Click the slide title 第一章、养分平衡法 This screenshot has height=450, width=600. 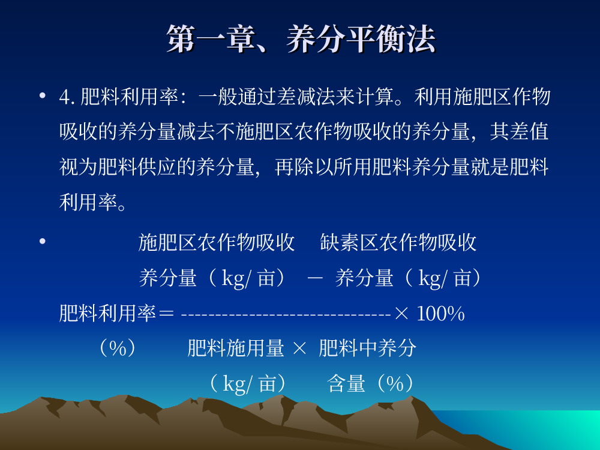(301, 38)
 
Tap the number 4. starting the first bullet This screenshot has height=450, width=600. (67, 97)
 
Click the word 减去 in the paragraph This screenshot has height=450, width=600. (196, 132)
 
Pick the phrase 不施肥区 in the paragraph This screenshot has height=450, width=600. (255, 132)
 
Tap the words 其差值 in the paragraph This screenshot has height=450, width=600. (520, 132)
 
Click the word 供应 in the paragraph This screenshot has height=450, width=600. (157, 167)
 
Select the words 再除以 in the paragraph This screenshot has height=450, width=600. (304, 167)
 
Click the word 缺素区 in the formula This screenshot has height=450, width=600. (349, 242)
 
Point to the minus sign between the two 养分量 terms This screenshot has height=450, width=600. (315, 278)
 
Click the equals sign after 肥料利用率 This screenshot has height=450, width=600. (166, 314)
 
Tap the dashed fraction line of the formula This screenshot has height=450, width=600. (286, 315)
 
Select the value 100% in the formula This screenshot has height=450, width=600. (440, 314)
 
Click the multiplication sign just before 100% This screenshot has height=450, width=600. (401, 314)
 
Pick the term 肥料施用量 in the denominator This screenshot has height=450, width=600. (236, 348)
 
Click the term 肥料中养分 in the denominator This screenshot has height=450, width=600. (367, 348)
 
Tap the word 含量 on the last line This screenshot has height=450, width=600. (346, 383)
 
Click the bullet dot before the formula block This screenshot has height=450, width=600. (43, 241)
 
